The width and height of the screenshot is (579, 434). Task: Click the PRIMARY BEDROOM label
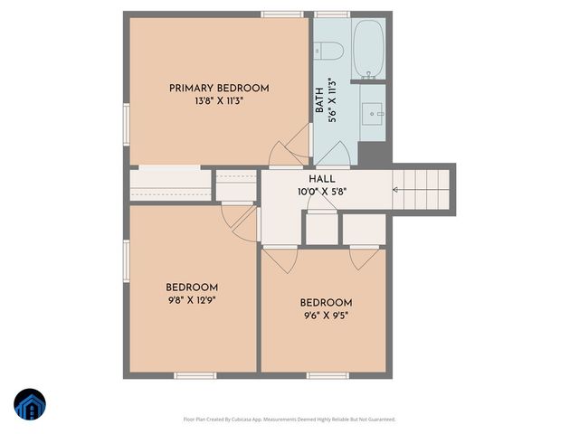point(219,88)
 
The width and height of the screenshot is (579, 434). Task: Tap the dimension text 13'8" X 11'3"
point(219,101)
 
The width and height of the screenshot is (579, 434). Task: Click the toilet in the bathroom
point(327,51)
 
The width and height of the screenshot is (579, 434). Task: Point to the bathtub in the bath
point(369,49)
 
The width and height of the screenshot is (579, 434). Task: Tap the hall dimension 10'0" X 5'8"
point(323,192)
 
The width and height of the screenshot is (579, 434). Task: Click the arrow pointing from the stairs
point(396,189)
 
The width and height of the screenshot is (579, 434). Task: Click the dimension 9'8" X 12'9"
point(192,300)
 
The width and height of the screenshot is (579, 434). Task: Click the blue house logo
point(30,406)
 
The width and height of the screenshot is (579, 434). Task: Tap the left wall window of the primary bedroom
point(127,122)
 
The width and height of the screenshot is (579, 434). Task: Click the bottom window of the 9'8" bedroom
point(195,375)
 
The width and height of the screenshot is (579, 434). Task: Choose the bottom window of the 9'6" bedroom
point(327,375)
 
